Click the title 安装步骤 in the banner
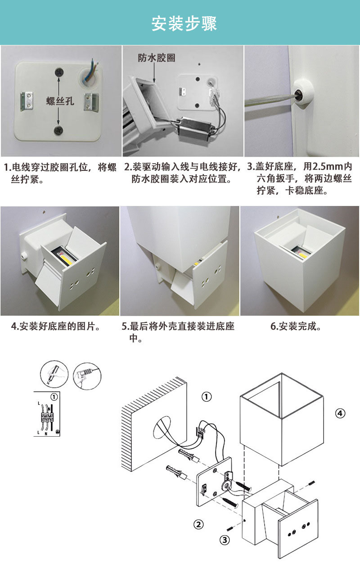[x=184, y=24]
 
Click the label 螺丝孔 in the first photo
[x=60, y=101]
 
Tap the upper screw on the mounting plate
[x=59, y=72]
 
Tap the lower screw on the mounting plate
[x=58, y=130]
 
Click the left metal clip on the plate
[x=27, y=101]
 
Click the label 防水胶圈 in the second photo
[x=157, y=58]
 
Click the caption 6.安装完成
[x=296, y=326]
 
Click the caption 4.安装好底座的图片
[x=56, y=326]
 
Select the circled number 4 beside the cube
[x=340, y=413]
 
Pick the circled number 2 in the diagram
[x=198, y=524]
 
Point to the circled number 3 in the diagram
[x=225, y=540]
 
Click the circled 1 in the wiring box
[x=54, y=397]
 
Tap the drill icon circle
[x=87, y=376]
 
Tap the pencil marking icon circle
[x=54, y=374]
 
